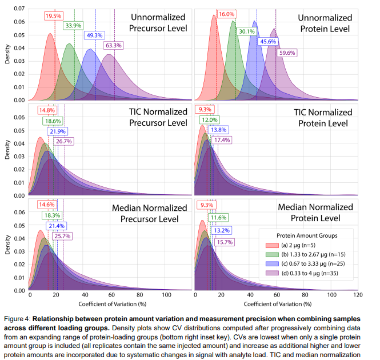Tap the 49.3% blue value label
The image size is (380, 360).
tap(94, 35)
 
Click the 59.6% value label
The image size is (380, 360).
tap(287, 53)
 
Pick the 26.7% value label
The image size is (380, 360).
tap(63, 141)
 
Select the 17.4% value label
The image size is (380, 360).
tap(221, 140)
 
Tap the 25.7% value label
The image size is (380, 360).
tap(62, 236)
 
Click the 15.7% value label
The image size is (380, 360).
tap(221, 242)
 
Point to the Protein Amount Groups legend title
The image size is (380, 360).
tap(307, 235)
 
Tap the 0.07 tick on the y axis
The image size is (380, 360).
tap(18, 9)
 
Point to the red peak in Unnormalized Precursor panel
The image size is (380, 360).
tap(50, 34)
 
